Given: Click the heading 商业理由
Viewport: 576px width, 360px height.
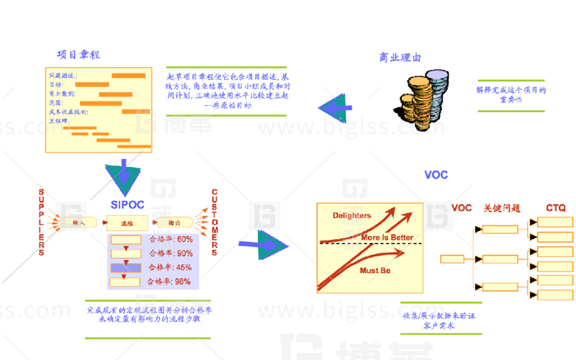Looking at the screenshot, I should tap(400, 58).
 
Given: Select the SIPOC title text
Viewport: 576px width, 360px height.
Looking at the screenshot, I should tap(127, 204).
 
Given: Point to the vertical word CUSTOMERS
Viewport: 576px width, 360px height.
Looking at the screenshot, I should tap(215, 222).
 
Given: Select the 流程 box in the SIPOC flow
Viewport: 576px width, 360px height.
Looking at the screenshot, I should tap(127, 222).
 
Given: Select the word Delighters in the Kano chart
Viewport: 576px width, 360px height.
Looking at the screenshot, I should tap(351, 215).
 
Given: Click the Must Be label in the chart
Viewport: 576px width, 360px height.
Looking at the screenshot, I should tap(374, 271).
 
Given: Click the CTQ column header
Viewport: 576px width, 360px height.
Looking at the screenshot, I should tap(555, 208).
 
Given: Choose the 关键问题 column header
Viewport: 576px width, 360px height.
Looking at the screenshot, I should tap(502, 208).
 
